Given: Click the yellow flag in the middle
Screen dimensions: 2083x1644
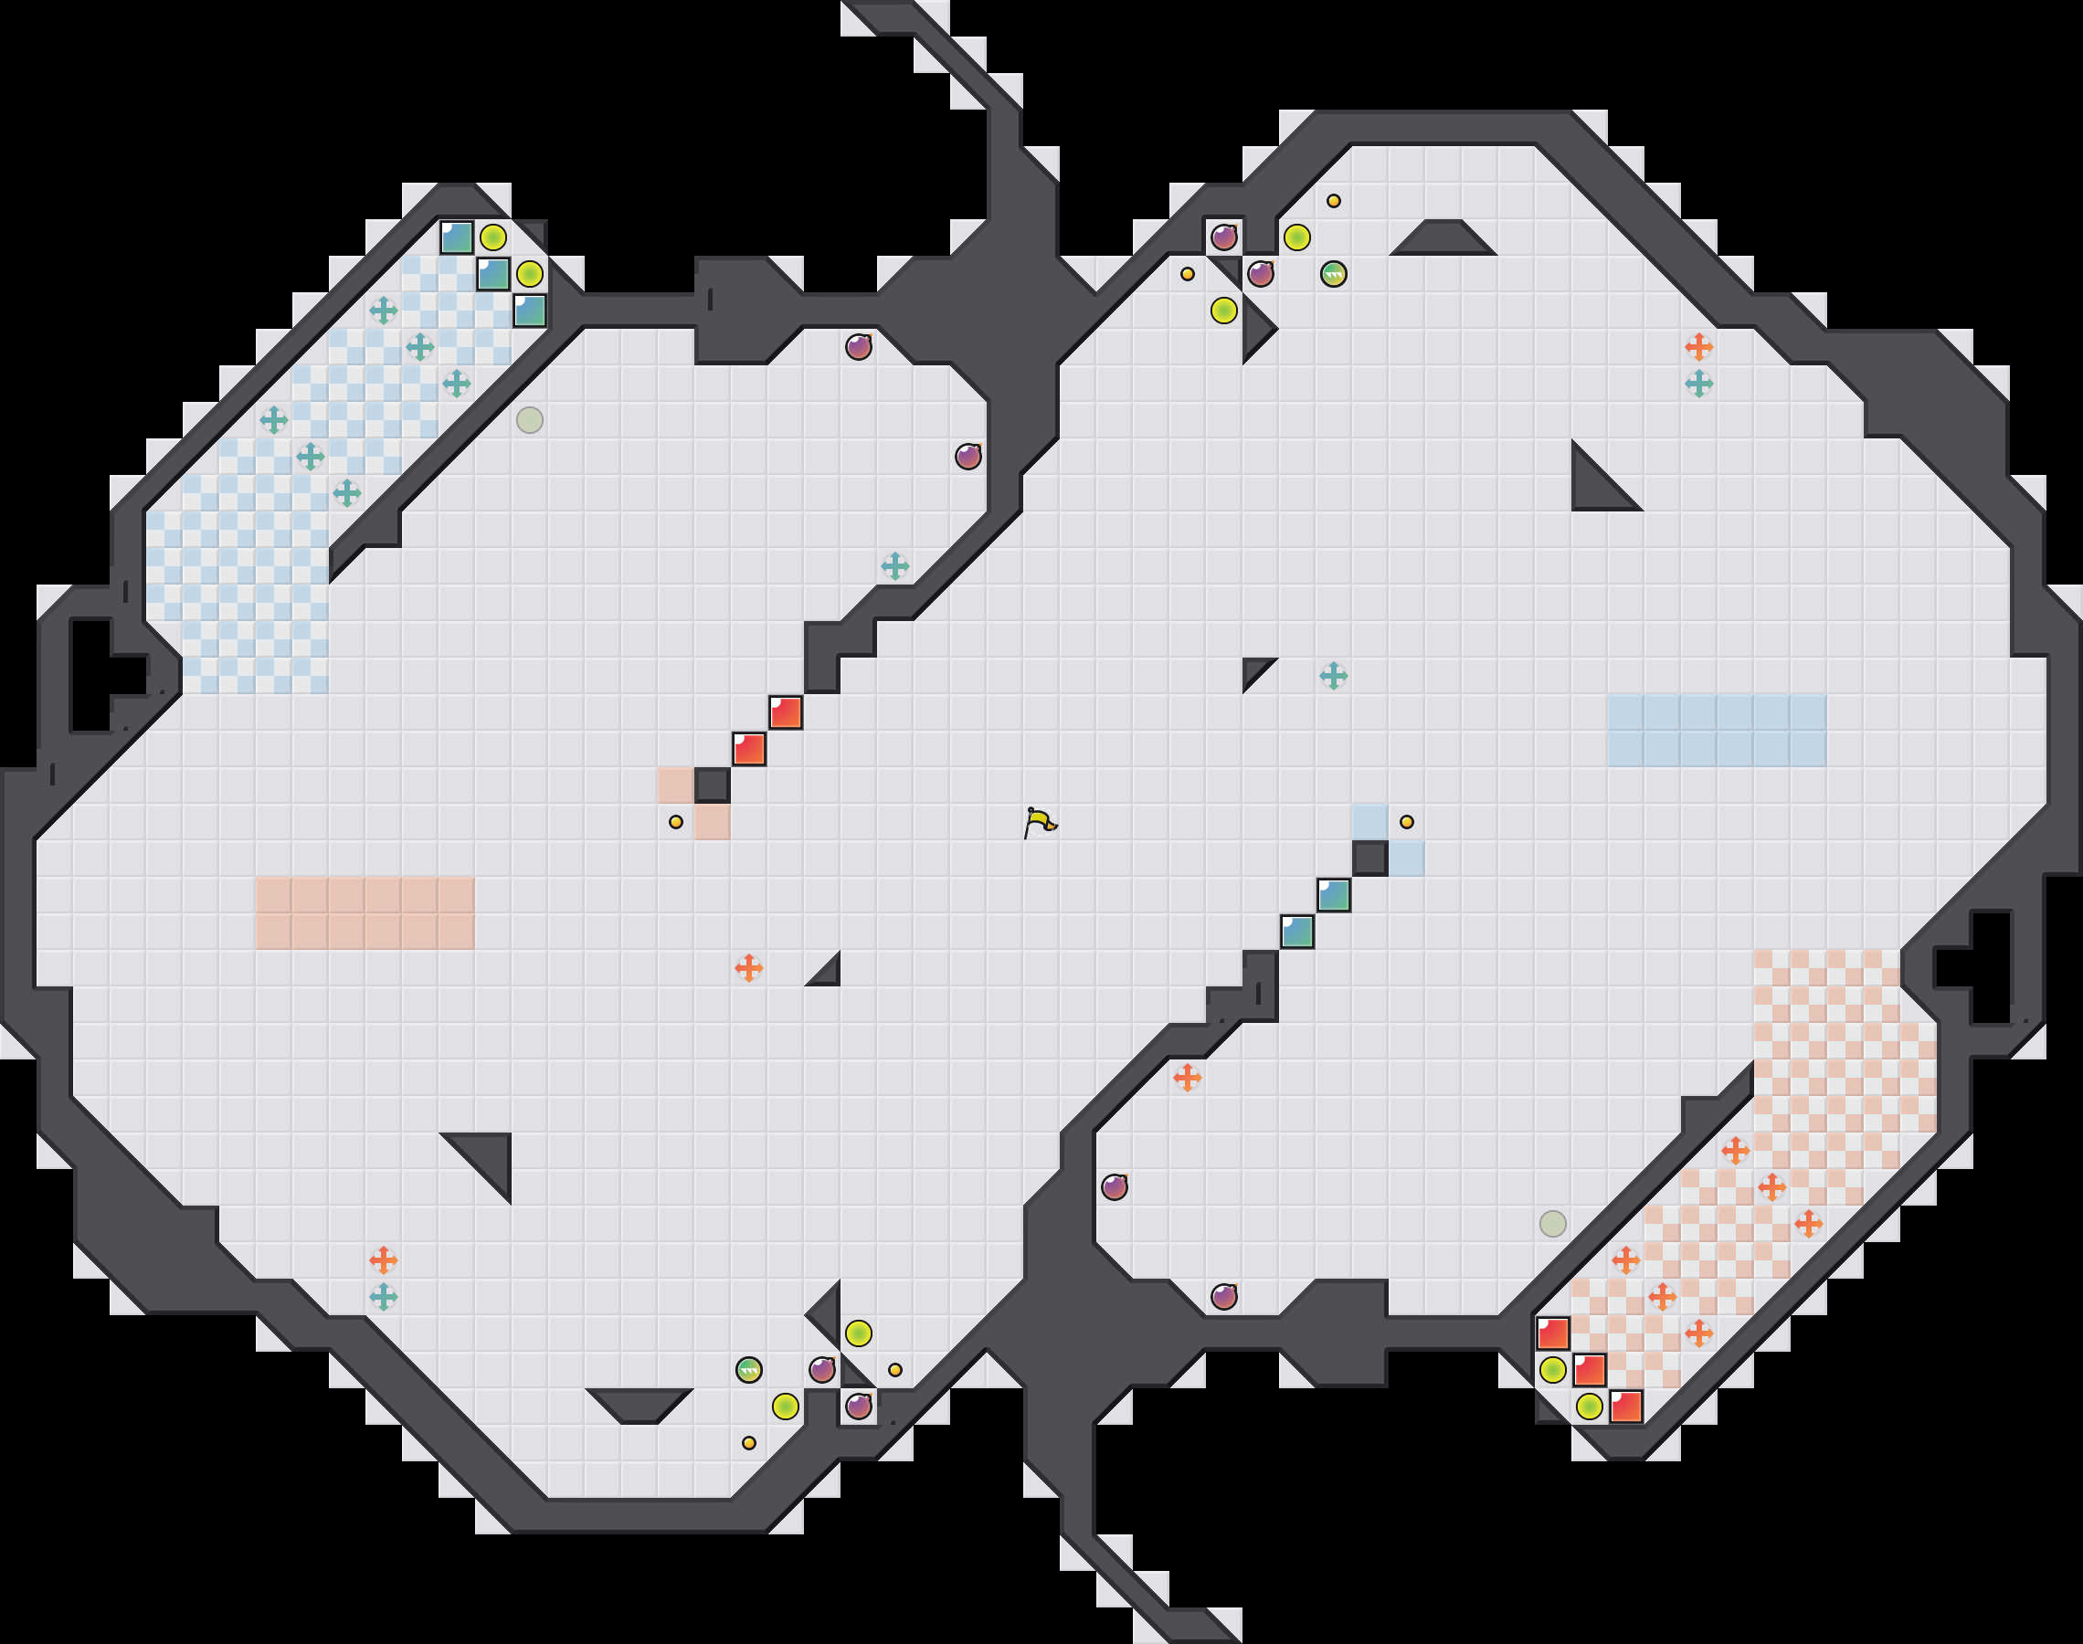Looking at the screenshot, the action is coord(1039,822).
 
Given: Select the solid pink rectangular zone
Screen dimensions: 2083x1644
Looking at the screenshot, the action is coord(365,912).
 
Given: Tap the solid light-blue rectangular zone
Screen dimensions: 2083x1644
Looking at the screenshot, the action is coord(1717,731).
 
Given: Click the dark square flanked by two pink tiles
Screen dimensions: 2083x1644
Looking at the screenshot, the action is coord(713,785).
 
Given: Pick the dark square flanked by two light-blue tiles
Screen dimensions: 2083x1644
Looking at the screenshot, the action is coord(1369,859).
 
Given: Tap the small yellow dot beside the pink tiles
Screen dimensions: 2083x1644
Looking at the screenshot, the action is coord(676,822).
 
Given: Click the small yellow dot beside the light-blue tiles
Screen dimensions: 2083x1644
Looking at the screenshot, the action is coord(1406,822).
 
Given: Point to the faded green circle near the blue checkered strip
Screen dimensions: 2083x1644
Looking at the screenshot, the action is coord(529,419).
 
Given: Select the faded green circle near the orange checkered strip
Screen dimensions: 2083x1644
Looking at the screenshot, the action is coord(1552,1223).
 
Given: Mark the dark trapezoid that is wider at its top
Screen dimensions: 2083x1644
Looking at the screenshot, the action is coord(640,1404).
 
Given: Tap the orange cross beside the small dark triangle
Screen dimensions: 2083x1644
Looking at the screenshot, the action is coord(749,968).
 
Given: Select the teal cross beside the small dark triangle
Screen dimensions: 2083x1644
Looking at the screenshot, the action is coord(1333,676).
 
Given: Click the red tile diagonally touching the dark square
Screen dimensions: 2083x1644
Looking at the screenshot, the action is coord(749,749).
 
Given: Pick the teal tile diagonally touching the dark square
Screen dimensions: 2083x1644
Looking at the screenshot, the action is coord(1333,895).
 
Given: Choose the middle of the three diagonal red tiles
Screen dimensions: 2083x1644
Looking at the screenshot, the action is coord(1590,1369).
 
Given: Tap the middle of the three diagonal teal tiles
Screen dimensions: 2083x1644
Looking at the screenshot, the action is coord(492,274).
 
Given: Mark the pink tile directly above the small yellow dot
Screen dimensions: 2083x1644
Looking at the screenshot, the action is coord(676,785).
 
